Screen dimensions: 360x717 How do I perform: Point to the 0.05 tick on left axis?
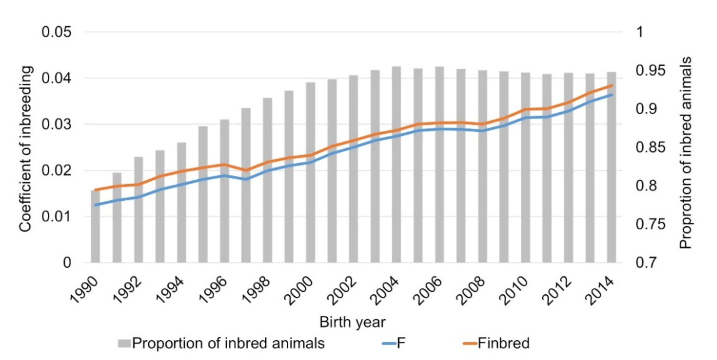click(57, 32)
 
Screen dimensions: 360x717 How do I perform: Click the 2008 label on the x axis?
click(471, 291)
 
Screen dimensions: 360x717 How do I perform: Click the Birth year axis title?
click(352, 322)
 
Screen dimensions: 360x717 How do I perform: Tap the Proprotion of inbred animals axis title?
click(685, 153)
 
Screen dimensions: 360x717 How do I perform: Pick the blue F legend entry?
click(394, 343)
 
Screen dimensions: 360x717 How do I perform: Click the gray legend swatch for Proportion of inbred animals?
click(124, 343)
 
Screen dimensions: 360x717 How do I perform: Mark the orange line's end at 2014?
click(612, 85)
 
